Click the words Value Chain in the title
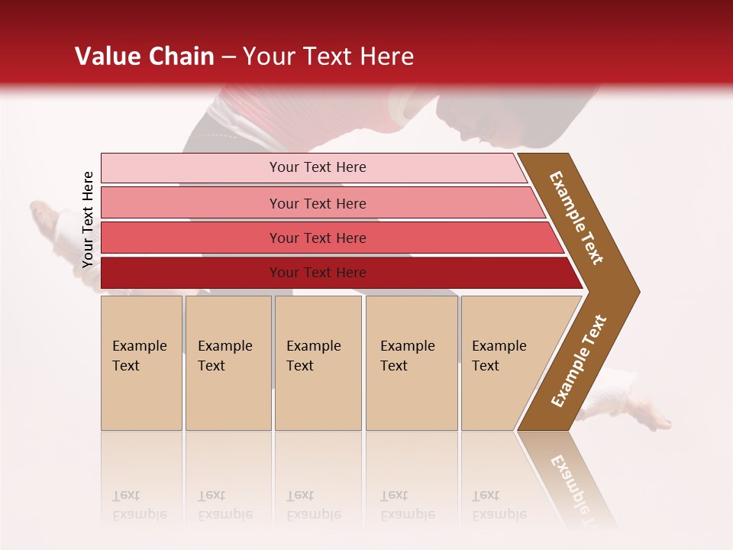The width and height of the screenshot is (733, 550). pos(144,57)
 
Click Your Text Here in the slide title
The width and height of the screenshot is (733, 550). pos(328,57)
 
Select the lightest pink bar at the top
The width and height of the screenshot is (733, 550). pos(317,167)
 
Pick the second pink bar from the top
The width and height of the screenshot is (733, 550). pos(317,203)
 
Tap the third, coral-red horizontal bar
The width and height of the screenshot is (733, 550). pos(317,238)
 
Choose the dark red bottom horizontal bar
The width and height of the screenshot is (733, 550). pos(317,273)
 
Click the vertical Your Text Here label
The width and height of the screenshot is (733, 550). pos(88,219)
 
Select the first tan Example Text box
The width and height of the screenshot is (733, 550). pos(141,362)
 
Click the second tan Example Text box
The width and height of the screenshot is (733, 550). pos(228,362)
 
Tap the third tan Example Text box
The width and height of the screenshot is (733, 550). pos(318,362)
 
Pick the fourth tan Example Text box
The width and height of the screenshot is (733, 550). pos(411,362)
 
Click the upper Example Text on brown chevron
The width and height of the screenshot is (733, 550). pos(576,217)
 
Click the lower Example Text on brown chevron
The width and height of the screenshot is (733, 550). pos(579,361)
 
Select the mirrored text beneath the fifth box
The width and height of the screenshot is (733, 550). pos(499,505)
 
